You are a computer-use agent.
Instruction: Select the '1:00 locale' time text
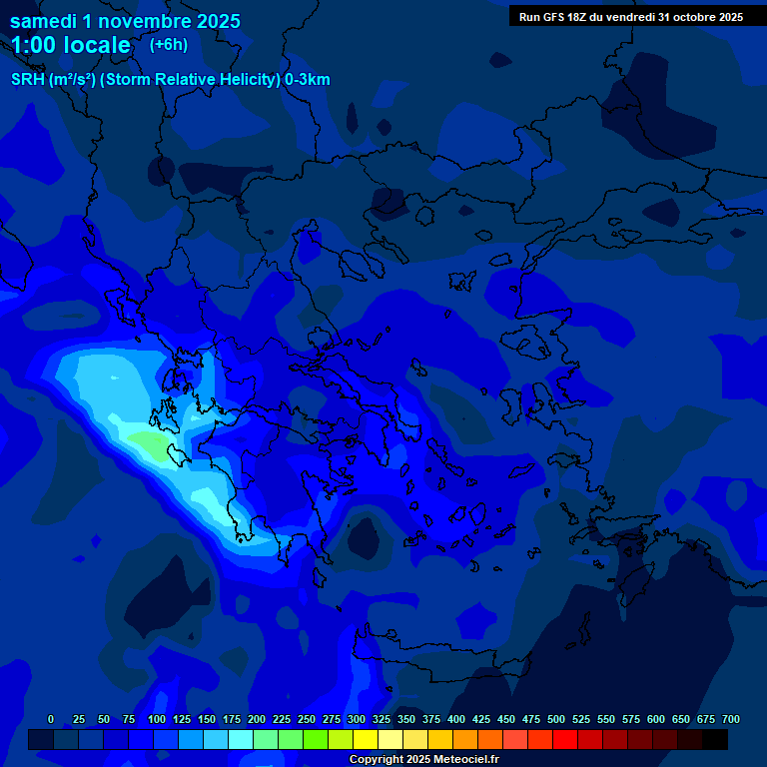click(71, 45)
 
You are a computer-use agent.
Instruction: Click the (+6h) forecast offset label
click(169, 44)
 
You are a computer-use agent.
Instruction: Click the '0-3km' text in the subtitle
click(307, 80)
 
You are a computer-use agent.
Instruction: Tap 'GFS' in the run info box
click(554, 17)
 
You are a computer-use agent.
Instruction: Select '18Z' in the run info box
click(582, 17)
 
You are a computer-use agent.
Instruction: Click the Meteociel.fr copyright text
click(423, 759)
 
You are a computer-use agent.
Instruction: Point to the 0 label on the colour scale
click(51, 719)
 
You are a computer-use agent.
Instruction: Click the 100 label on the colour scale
click(157, 719)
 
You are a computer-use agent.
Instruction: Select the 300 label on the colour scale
click(357, 719)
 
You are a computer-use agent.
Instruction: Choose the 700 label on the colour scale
click(731, 719)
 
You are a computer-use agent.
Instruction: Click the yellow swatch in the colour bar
click(366, 739)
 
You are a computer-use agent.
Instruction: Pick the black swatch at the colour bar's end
click(715, 739)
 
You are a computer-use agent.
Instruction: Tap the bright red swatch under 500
click(565, 739)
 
